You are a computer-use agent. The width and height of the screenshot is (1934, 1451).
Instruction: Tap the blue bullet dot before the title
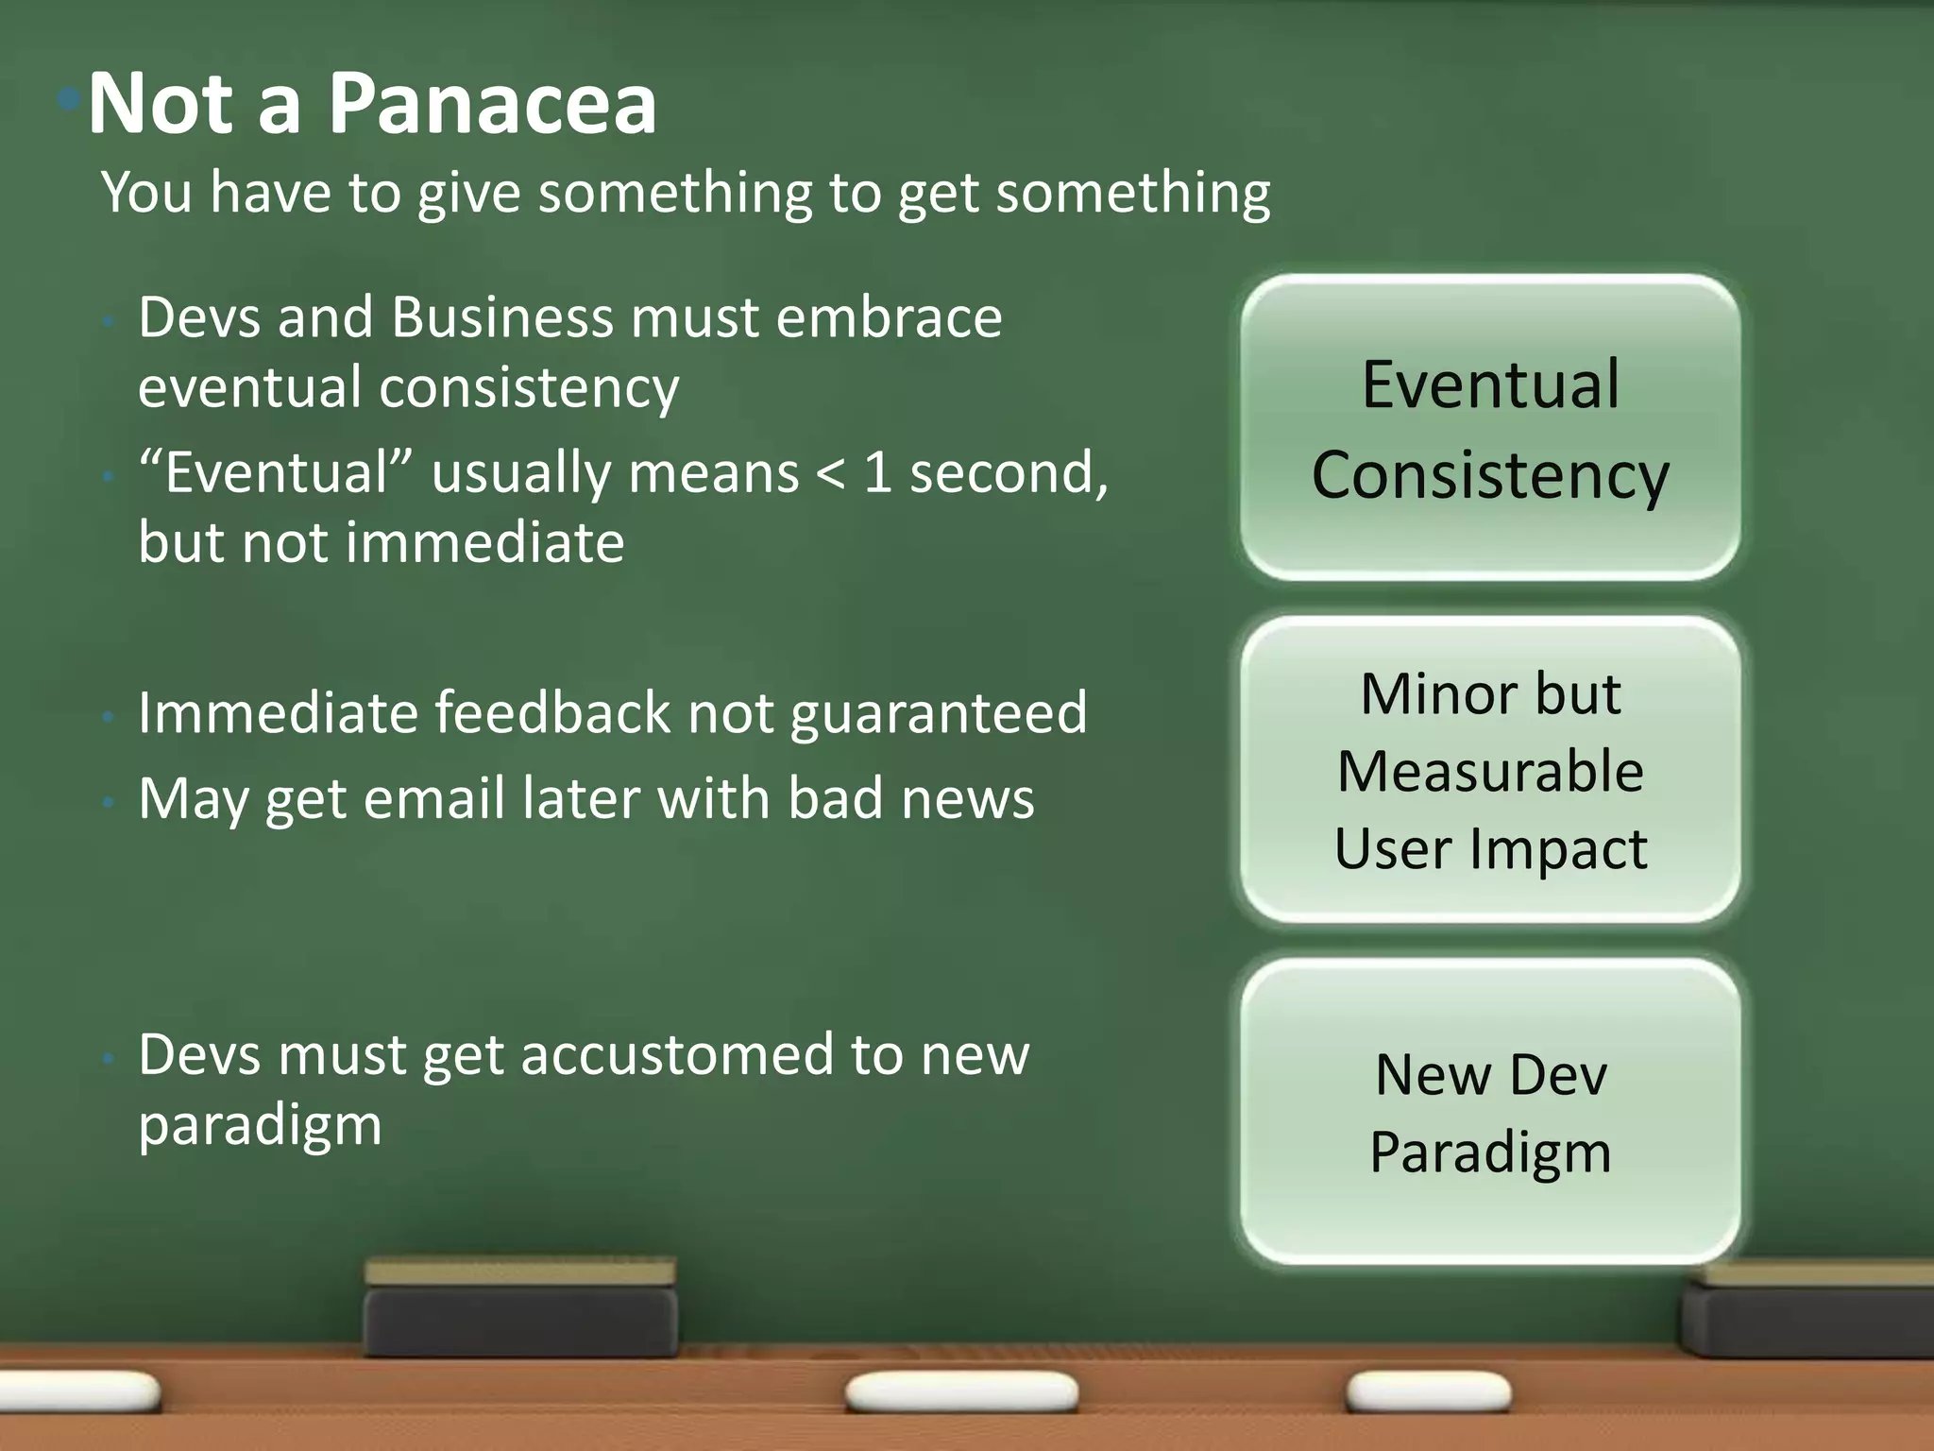tap(68, 98)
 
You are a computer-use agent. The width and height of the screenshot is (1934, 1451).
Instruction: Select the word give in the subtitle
tap(468, 194)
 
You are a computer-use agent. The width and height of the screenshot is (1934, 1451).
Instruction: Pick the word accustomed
tap(676, 1055)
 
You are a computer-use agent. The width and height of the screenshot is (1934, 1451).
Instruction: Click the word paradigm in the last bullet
tap(260, 1126)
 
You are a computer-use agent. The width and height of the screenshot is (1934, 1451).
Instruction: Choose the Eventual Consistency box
tap(1490, 428)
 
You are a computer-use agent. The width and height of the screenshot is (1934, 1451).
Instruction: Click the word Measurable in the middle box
tap(1490, 771)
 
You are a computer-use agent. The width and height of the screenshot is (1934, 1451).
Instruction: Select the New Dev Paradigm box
tap(1490, 1113)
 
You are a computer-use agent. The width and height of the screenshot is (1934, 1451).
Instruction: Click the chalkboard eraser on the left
tap(520, 1308)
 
